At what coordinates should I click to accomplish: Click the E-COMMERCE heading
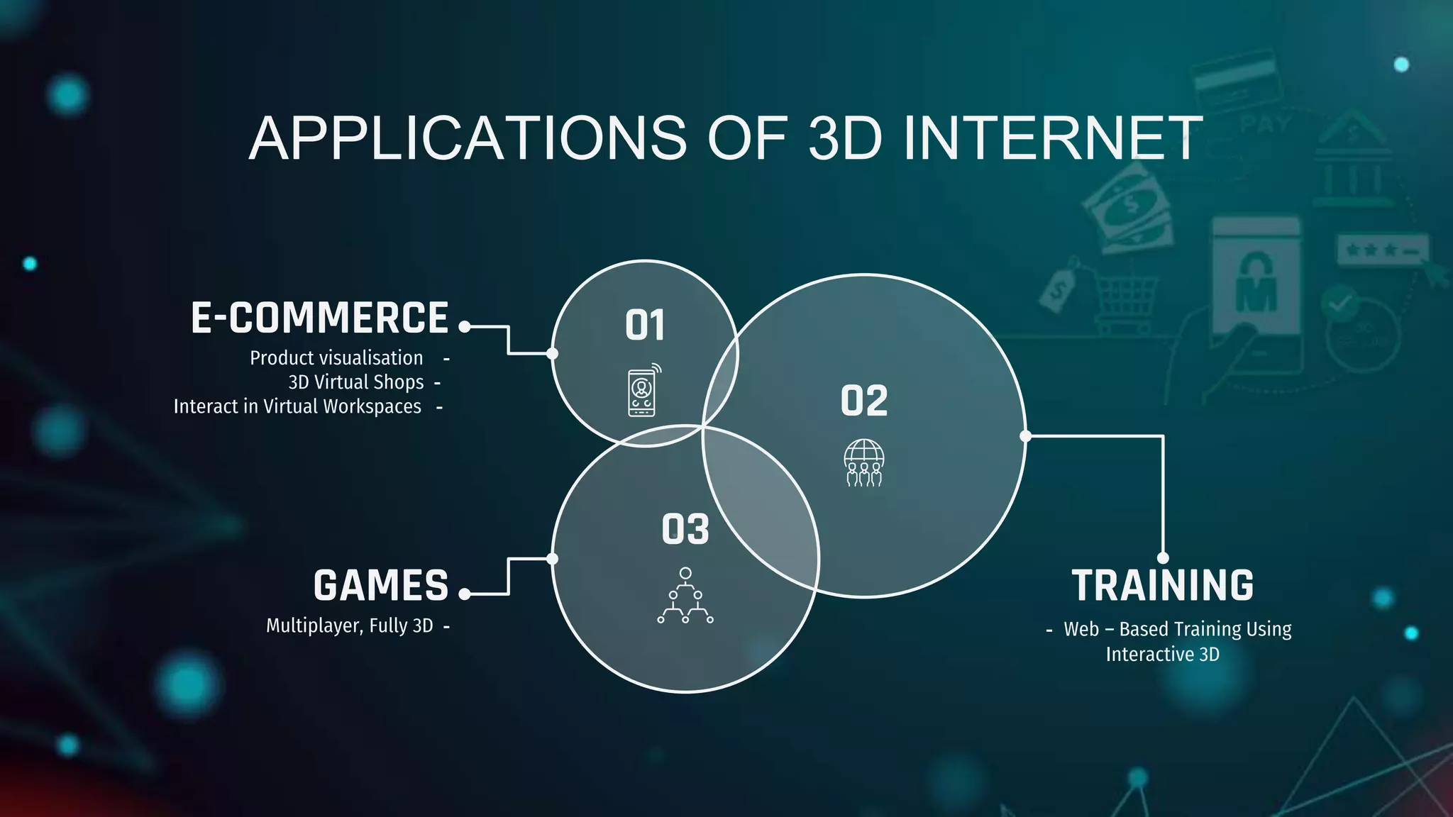(x=319, y=318)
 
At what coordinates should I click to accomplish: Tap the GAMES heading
(x=381, y=586)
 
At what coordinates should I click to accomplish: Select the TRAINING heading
(x=1162, y=586)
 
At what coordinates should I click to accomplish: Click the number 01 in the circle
(x=645, y=326)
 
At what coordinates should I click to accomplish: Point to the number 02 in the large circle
(x=864, y=401)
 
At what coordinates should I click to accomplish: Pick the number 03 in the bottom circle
(x=685, y=530)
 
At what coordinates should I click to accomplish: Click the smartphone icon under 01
(x=643, y=391)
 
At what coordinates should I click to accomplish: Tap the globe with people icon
(x=863, y=462)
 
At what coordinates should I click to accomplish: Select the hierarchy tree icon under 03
(x=685, y=596)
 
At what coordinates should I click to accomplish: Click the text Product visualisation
(x=336, y=358)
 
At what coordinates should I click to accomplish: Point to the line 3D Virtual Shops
(x=356, y=382)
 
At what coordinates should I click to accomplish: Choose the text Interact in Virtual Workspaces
(x=297, y=406)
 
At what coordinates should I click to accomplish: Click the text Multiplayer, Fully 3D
(x=349, y=626)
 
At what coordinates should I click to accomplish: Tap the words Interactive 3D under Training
(x=1162, y=654)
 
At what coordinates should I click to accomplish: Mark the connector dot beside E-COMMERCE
(x=465, y=326)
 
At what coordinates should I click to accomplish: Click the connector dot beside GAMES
(x=465, y=594)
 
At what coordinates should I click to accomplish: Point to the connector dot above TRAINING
(x=1163, y=558)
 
